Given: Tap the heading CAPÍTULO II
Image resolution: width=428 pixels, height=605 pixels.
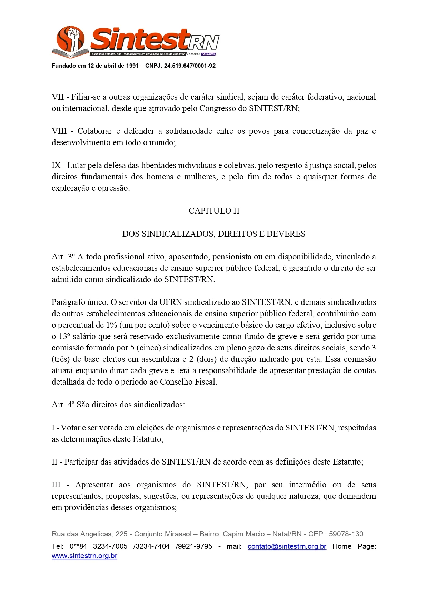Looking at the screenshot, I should coord(214,211).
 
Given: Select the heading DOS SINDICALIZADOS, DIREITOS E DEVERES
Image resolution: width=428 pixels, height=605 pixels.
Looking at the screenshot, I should coord(214,234).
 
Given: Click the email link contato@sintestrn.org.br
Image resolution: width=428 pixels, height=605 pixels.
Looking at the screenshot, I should coord(287,546).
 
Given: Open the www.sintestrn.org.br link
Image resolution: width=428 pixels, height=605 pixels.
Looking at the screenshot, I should coord(84,556).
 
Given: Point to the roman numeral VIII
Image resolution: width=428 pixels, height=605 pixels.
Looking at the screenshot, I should coord(59,131).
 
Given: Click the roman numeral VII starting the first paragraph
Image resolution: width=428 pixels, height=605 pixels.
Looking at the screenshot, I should coord(57,97).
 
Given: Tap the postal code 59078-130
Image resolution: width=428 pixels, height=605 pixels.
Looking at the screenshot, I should coord(346,534).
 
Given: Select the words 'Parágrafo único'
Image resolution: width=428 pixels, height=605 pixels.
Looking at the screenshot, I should coord(79,302).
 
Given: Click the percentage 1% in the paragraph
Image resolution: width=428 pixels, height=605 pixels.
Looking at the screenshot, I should coord(112,325).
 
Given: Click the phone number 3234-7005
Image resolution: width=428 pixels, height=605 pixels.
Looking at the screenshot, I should coord(110,546).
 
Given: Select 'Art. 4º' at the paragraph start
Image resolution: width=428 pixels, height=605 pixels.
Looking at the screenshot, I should coord(63,405).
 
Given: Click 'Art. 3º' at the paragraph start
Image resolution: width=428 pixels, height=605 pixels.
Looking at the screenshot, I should coord(63,257).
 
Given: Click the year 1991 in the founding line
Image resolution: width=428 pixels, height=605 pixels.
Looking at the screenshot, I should coord(132,66).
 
